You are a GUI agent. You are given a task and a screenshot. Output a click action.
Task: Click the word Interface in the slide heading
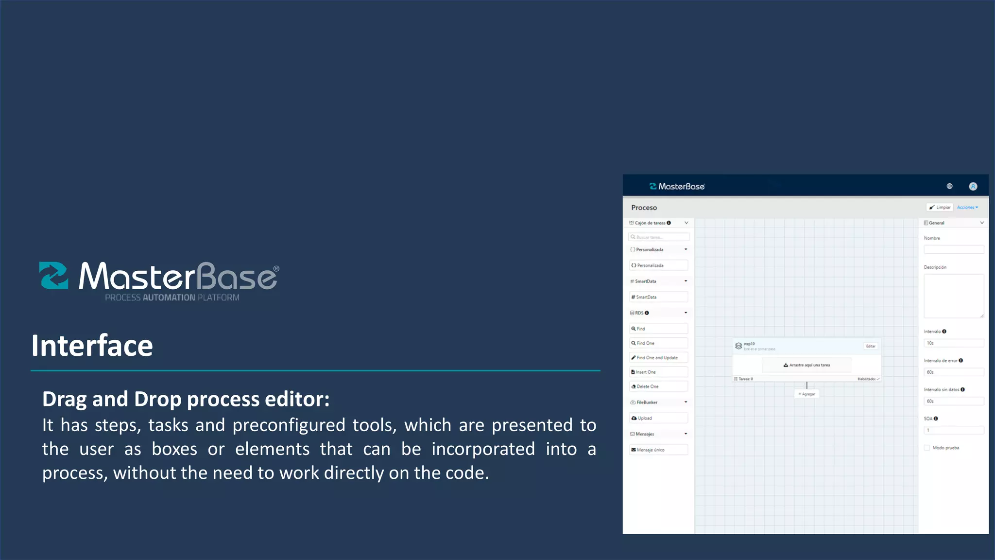[92, 346]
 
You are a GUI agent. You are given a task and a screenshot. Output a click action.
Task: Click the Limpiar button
[940, 208]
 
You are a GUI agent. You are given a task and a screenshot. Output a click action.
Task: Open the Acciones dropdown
[967, 208]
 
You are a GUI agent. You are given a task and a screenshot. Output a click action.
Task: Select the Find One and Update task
[658, 358]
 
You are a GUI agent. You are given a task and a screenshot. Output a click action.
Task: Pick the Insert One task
[658, 372]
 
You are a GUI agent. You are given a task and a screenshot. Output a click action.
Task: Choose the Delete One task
[658, 387]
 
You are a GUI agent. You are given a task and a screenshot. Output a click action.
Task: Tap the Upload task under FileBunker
[658, 419]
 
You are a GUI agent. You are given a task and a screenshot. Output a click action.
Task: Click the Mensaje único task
[658, 450]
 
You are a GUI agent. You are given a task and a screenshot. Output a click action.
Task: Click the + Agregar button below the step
[806, 394]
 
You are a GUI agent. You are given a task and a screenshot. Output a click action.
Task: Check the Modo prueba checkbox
[927, 448]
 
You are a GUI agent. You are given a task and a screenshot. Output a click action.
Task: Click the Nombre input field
[954, 249]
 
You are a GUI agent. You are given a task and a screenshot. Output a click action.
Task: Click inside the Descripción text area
[954, 296]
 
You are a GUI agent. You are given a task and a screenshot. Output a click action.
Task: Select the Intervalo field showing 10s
[954, 343]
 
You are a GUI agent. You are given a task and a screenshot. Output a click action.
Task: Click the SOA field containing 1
[954, 430]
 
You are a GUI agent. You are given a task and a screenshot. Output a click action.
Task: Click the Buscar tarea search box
[659, 237]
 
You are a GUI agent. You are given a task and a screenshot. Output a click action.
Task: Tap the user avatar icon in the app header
[973, 186]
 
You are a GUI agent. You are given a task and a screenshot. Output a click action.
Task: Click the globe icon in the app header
[950, 186]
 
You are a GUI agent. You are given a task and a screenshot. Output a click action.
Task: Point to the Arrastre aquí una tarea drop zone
[806, 365]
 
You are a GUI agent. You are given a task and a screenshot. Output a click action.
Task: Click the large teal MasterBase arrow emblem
[54, 276]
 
